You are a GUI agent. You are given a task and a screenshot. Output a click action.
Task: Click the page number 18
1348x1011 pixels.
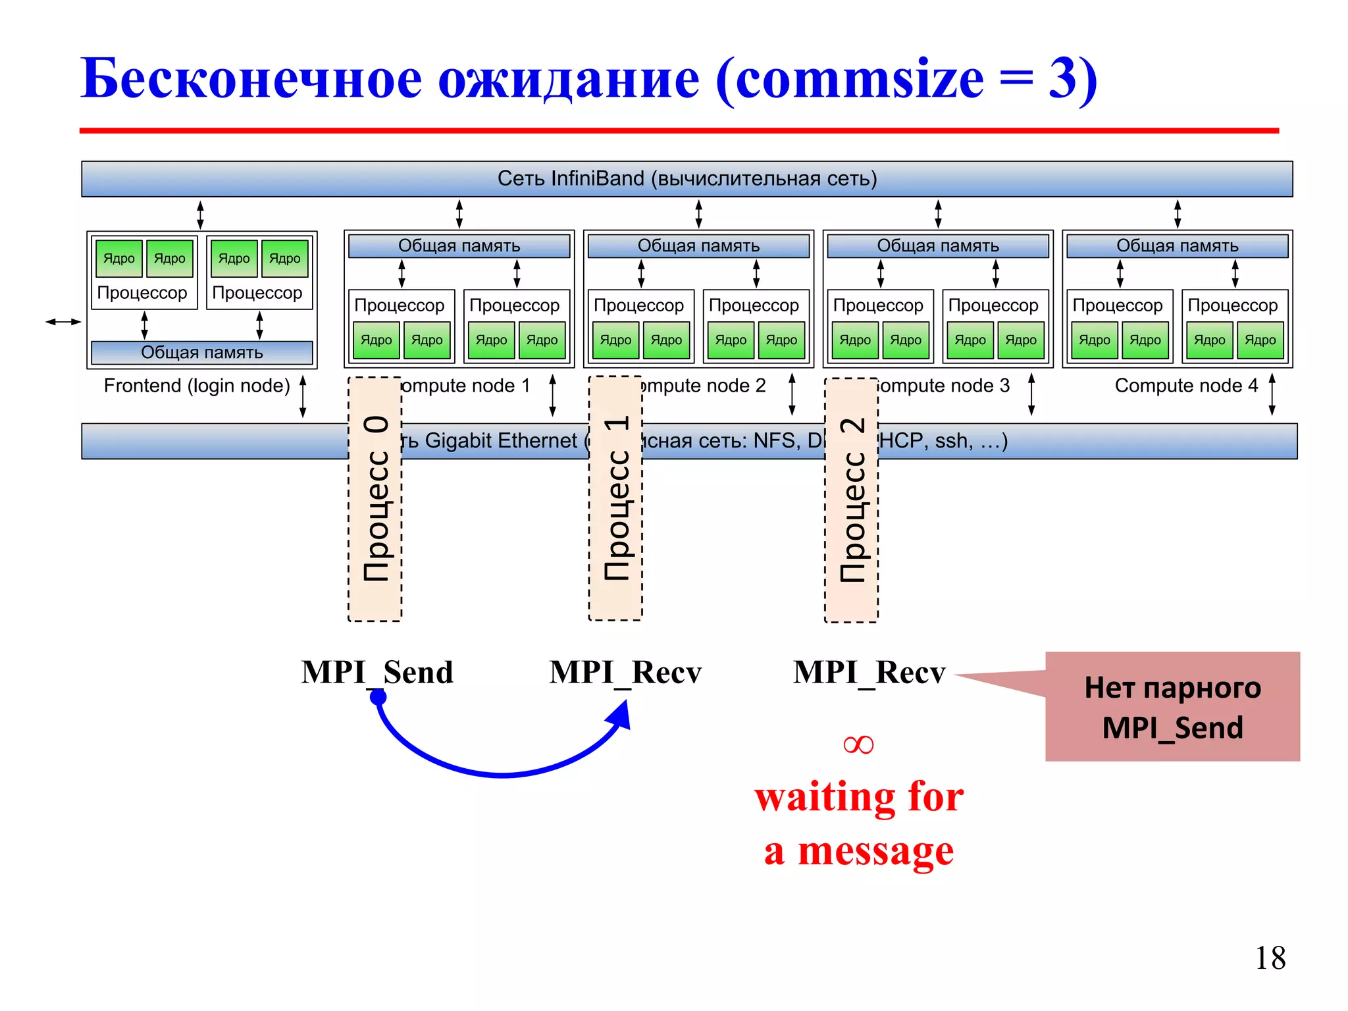coord(1270,958)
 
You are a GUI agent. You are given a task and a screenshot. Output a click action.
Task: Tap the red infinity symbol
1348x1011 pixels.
coord(858,744)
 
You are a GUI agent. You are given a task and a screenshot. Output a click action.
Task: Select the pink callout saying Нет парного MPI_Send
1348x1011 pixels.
coord(1172,707)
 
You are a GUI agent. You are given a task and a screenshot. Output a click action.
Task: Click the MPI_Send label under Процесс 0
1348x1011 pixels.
coord(377,672)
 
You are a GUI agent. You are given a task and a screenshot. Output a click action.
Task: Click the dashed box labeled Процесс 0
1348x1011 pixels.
coord(375,499)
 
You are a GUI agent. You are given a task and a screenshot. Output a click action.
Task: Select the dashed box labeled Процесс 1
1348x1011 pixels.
coord(615,498)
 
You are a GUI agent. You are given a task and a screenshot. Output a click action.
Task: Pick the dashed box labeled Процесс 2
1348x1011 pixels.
coord(851,500)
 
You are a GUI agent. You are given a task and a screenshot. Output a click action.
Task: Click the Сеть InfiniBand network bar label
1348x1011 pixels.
coord(687,178)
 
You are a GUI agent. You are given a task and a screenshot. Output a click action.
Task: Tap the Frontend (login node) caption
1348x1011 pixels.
coord(197,385)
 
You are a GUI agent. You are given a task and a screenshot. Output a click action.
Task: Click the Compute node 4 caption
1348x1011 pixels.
coord(1186,385)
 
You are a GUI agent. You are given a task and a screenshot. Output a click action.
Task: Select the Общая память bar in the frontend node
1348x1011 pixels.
coord(202,352)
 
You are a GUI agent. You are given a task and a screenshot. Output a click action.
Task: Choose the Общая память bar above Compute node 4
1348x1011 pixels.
coord(1177,246)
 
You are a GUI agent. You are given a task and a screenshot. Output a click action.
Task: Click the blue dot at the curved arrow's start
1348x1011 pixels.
coord(378,698)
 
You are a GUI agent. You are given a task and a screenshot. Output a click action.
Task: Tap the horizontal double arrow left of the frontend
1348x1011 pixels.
coord(63,322)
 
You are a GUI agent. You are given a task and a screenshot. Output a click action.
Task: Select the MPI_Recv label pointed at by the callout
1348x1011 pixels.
coord(869,672)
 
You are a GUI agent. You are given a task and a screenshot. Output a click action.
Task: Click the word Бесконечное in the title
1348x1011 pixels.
coord(251,79)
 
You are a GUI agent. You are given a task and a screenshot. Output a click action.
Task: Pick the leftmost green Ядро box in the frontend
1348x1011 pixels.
coord(118,259)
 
